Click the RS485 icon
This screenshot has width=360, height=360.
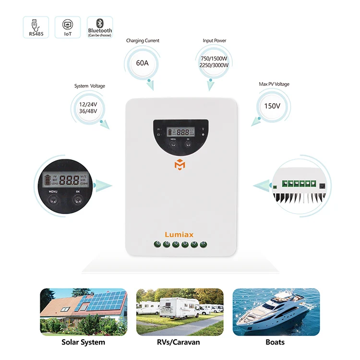pos(36,27)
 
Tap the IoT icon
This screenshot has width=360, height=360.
pos(68,27)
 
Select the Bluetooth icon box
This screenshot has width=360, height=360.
pos(100,27)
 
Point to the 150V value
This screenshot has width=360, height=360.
pos(272,106)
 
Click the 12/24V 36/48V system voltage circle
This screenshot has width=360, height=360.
pos(88,108)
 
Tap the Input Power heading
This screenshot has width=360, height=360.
pos(214,41)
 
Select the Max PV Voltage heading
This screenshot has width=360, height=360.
pos(274,84)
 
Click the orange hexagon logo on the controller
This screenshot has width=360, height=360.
pos(179,165)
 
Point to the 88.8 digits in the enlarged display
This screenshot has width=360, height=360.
pos(70,181)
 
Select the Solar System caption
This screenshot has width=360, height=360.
pos(83,342)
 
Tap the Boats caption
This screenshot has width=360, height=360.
pos(275,342)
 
